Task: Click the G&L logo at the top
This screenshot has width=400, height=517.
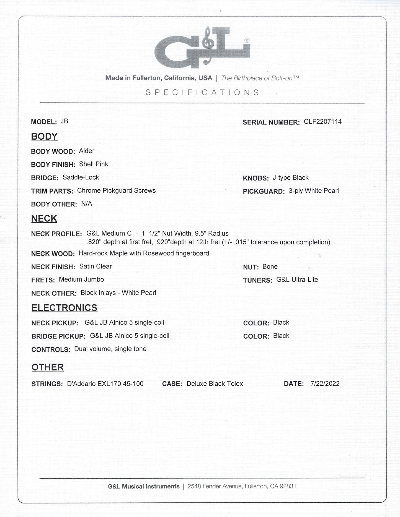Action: [x=202, y=47]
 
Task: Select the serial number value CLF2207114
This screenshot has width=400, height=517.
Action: [x=322, y=122]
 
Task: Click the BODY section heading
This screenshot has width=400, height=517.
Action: [x=44, y=136]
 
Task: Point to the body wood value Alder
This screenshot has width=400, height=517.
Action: [x=87, y=151]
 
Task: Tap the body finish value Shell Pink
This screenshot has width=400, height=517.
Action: [x=94, y=164]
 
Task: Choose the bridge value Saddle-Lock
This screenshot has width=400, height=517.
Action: [x=81, y=177]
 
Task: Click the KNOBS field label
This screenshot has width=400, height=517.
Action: [x=256, y=178]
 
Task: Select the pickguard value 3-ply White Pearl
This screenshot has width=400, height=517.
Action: [x=314, y=191]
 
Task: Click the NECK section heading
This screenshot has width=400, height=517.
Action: [x=44, y=218]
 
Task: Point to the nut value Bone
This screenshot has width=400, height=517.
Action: [x=270, y=267]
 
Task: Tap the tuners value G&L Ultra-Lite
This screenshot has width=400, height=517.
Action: [x=297, y=280]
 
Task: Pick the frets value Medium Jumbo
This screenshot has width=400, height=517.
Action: [x=81, y=280]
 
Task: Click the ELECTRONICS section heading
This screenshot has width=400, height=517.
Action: [x=64, y=307]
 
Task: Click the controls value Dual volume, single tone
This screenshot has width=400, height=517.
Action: [x=110, y=349]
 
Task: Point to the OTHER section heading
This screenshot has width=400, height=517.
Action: [x=48, y=367]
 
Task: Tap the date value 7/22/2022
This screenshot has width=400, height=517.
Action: [x=325, y=383]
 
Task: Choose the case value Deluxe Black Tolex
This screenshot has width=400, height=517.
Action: [x=215, y=384]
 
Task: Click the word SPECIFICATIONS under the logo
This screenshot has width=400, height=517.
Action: [x=202, y=92]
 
